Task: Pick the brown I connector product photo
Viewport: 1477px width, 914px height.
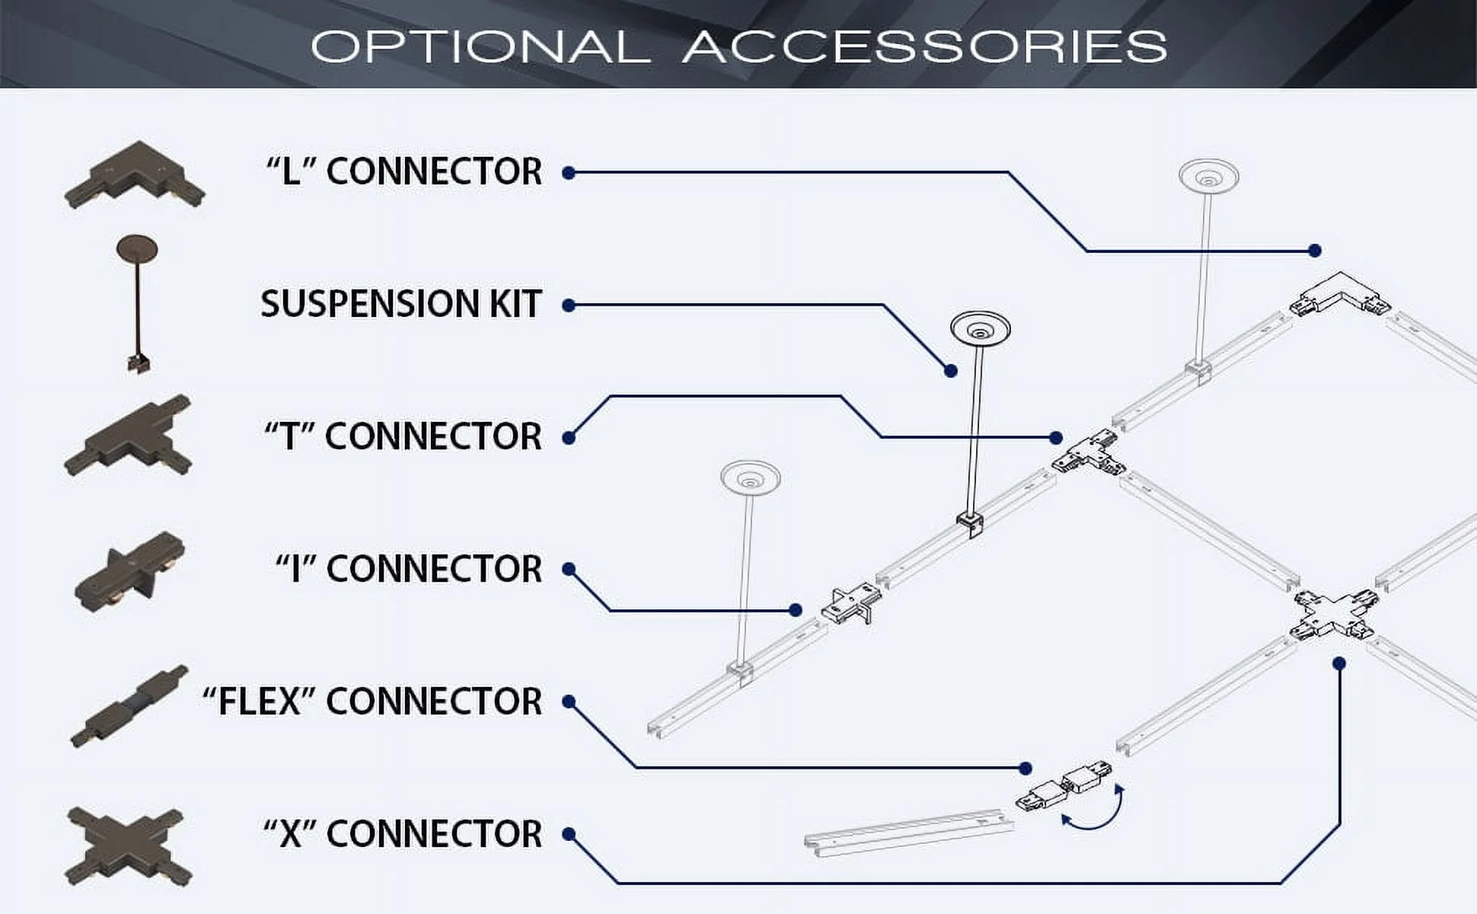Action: (129, 571)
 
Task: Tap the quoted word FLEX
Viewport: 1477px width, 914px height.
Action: (258, 701)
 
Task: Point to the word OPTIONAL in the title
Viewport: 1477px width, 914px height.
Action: (480, 46)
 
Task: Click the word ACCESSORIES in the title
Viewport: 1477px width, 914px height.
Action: (924, 46)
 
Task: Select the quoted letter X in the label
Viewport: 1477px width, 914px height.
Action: (289, 834)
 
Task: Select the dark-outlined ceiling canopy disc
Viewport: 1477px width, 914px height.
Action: (980, 329)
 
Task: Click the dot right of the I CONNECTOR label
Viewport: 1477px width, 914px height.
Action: (569, 570)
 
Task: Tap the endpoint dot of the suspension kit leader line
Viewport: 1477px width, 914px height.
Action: (951, 371)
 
